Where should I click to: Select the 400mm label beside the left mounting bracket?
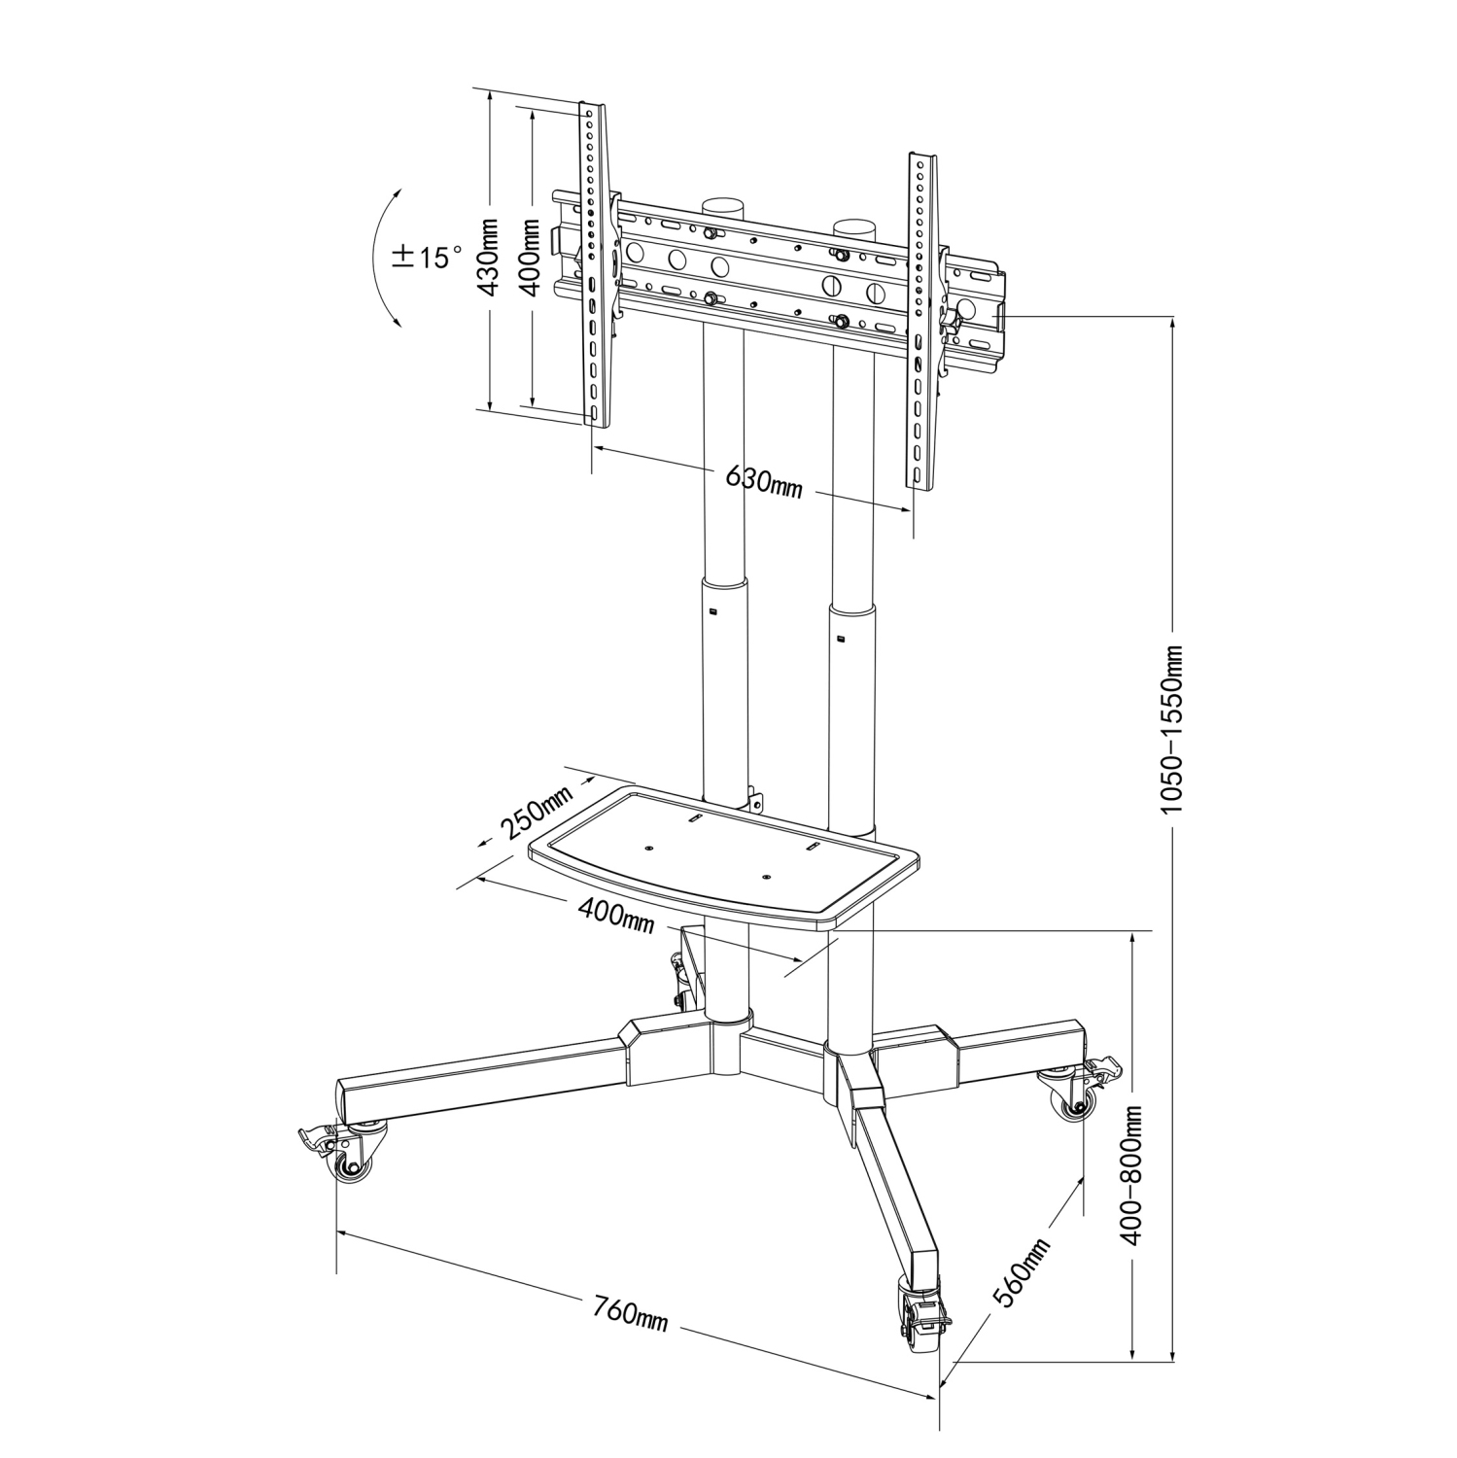(530, 257)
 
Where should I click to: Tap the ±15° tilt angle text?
(427, 257)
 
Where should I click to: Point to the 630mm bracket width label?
(764, 481)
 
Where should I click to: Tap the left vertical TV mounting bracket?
(594, 262)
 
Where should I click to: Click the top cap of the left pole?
(723, 206)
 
